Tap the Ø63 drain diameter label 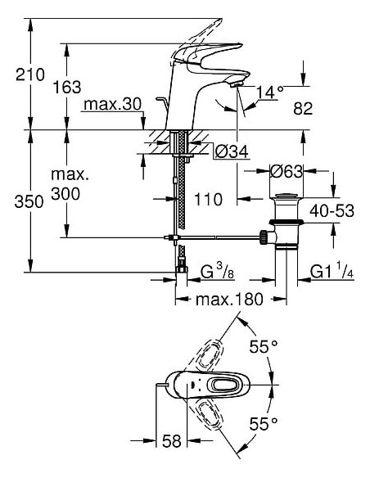tap(287, 172)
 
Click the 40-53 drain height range tap(332, 211)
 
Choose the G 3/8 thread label tap(216, 270)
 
